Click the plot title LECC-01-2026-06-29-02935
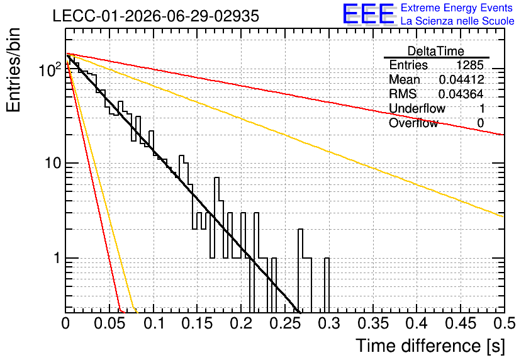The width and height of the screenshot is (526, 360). click(156, 16)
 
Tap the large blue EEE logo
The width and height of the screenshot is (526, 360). click(369, 14)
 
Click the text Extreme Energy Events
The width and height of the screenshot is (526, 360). click(457, 8)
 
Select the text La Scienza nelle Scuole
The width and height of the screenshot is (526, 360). click(457, 21)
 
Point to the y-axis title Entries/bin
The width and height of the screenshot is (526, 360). click(13, 70)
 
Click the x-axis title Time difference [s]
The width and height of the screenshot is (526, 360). click(430, 346)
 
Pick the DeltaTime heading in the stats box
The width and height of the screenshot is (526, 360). click(436, 51)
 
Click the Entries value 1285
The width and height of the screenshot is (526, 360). click(469, 65)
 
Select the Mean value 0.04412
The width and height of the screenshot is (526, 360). click(461, 79)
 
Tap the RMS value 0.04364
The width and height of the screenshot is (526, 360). click(461, 94)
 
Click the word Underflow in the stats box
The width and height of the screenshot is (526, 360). click(417, 108)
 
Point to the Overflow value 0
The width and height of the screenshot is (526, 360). click(480, 123)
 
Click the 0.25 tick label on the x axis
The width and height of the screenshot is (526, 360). click(285, 323)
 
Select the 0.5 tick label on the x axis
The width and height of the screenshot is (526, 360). click(504, 323)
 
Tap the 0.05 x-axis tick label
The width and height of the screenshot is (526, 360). click(109, 323)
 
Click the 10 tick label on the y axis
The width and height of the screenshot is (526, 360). click(53, 163)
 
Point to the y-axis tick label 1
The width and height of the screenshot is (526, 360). click(57, 258)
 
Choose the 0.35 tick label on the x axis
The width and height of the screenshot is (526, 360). click(373, 323)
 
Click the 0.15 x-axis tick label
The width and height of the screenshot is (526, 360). click(197, 323)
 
